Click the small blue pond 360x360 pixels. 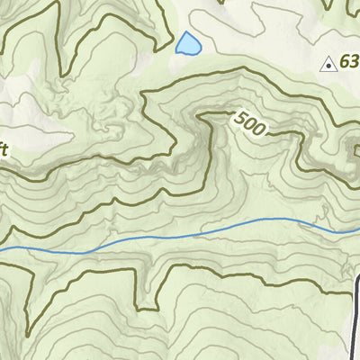point(187,43)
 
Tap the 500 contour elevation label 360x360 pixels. point(250,122)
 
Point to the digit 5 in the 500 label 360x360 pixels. point(240,116)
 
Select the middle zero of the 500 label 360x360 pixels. point(250,122)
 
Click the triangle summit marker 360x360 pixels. point(329,64)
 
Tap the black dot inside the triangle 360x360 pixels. point(329,65)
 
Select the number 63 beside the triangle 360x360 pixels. point(350,63)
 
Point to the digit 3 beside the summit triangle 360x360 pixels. point(355,63)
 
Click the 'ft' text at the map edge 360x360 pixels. point(4,149)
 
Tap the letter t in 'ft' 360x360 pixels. point(6,149)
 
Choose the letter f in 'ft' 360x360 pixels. point(2,149)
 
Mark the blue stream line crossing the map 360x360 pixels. point(180,236)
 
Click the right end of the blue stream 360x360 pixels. point(357,229)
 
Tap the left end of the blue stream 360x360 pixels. point(2,249)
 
